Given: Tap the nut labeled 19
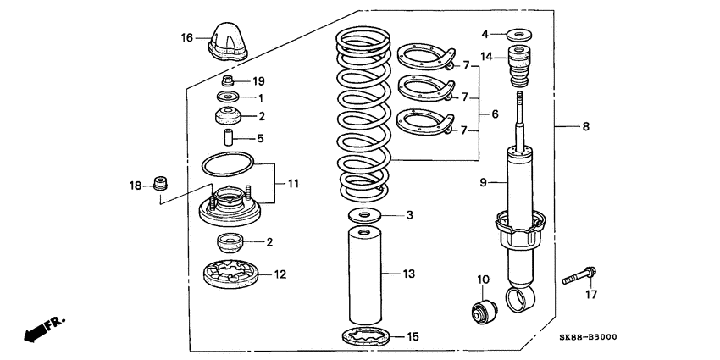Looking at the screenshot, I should point(228,81).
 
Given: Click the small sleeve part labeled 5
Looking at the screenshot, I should point(227,136).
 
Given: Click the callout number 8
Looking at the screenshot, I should point(585,127).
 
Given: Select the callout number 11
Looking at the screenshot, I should point(293,183).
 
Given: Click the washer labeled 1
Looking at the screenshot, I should point(227,98).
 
